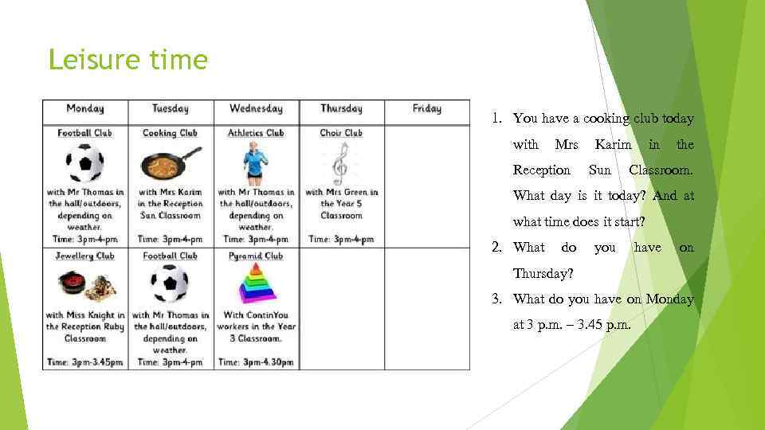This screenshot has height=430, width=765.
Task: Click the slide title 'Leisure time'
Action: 127,60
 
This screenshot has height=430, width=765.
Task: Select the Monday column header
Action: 85,109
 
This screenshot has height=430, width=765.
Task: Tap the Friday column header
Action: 427,109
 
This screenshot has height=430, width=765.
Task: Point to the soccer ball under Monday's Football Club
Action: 85,162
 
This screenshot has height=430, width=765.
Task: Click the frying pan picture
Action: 171,165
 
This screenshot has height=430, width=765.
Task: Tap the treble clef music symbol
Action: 341,162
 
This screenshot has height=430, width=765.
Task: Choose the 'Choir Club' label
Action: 341,133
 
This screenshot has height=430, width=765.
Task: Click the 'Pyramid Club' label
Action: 256,256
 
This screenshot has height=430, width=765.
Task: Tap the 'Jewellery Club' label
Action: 86,256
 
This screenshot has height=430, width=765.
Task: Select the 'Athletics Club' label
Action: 256,133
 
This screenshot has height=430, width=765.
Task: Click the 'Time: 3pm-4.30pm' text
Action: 256,362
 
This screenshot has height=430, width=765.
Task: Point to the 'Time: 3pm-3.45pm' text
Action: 85,362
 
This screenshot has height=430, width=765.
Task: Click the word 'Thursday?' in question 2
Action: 542,273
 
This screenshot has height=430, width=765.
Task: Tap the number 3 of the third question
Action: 496,299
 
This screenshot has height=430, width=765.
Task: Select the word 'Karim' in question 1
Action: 613,144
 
